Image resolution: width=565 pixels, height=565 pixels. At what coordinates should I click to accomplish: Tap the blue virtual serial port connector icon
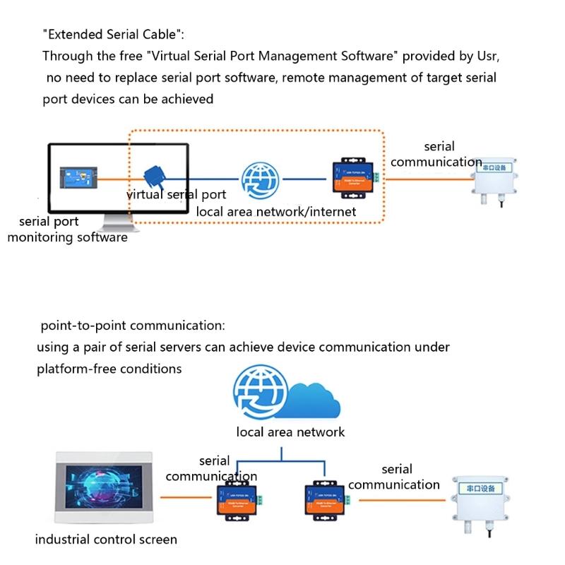click(153, 176)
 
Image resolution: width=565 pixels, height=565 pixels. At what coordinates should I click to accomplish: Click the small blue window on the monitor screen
click(79, 178)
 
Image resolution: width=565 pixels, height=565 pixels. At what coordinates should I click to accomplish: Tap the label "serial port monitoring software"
click(67, 230)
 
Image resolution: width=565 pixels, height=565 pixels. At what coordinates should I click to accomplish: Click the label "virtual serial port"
click(176, 195)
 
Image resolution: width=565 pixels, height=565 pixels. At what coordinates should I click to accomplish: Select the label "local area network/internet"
click(276, 211)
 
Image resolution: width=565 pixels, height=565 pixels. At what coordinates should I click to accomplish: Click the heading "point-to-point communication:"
click(133, 326)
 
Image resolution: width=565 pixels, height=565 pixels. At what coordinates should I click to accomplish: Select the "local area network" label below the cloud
click(290, 432)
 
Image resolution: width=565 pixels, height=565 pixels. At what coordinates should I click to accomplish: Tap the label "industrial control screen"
click(106, 540)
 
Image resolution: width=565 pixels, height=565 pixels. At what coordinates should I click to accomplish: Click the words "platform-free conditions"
click(109, 369)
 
